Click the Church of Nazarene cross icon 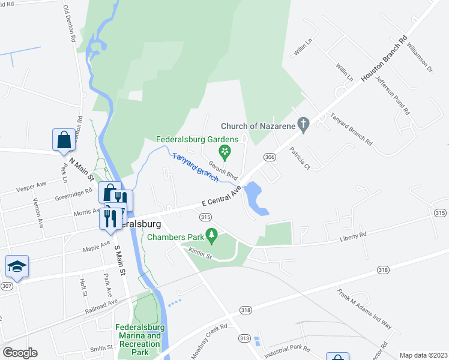coord(304,125)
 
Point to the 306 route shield coord(270,157)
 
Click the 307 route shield coord(6,286)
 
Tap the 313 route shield coord(244,338)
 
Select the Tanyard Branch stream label coord(194,166)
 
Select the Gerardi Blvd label coord(224,171)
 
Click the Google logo coord(20,353)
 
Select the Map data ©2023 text coord(423,355)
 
